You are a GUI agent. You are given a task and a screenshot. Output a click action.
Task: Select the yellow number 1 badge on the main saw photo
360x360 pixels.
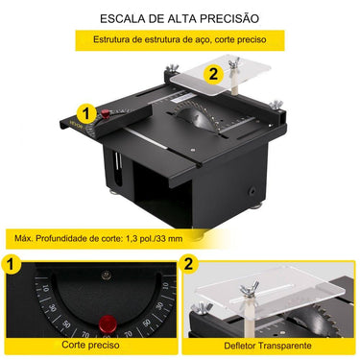tap(85, 113)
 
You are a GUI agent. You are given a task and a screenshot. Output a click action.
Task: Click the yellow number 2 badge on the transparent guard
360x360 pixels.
tap(213, 74)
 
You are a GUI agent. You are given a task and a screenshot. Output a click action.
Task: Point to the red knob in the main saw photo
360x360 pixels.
tap(106, 113)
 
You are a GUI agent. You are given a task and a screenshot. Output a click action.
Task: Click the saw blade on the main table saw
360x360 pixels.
tap(194, 117)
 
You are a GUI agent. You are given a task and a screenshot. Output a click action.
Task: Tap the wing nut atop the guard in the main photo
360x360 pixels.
tap(234, 62)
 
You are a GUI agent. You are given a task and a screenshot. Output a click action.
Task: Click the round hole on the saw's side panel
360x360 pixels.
tap(252, 191)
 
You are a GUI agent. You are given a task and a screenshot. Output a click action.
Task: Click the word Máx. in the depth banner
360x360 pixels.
tap(24, 238)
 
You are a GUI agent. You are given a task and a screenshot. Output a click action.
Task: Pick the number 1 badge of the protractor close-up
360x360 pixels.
tap(12, 264)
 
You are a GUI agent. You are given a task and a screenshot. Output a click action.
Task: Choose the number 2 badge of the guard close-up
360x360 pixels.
tap(189, 264)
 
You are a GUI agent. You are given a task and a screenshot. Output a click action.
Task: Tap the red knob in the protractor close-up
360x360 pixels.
tap(108, 324)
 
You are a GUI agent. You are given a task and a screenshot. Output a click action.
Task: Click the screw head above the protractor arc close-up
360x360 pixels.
tap(106, 275)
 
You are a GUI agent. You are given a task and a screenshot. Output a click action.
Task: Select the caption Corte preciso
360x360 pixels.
tap(90, 345)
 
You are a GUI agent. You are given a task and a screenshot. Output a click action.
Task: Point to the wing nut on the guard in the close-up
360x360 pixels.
tap(251, 287)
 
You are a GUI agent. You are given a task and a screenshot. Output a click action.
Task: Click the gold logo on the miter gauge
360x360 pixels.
tap(77, 124)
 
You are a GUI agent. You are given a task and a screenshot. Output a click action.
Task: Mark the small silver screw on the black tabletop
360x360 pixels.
tap(192, 149)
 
